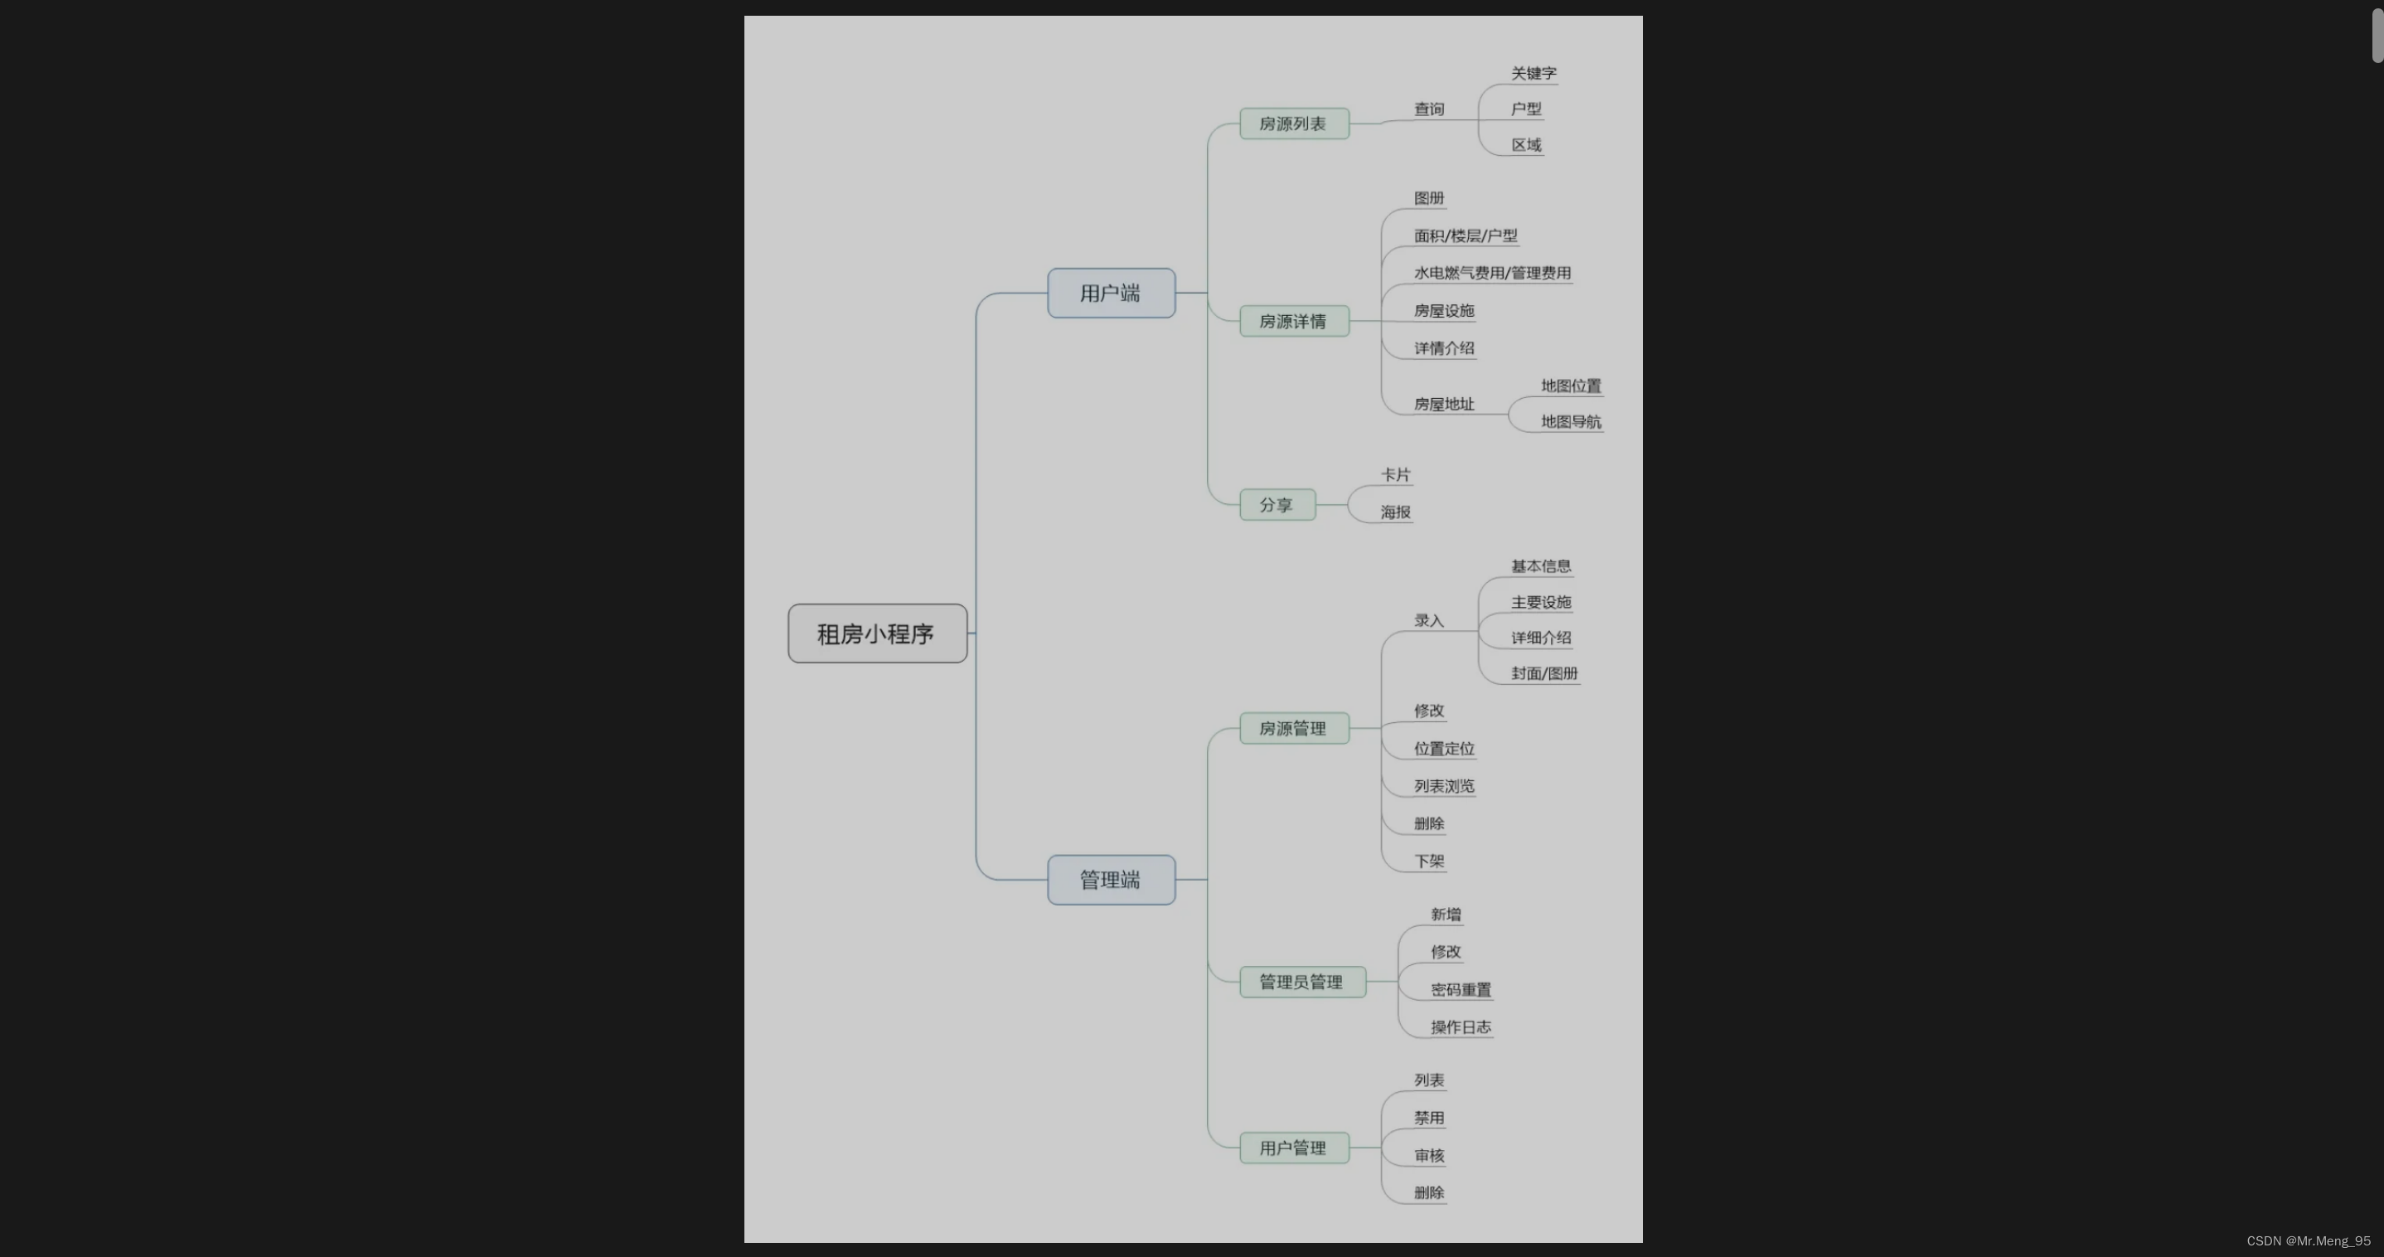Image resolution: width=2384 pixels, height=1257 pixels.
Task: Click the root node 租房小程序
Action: click(876, 634)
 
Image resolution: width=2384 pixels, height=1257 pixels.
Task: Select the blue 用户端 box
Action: click(1111, 294)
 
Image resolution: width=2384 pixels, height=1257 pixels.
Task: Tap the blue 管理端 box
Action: click(1111, 880)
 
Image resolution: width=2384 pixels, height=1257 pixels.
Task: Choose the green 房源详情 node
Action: click(1293, 321)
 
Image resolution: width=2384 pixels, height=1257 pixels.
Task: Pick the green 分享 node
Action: click(1277, 504)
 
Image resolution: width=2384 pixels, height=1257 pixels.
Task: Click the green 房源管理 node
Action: click(1293, 729)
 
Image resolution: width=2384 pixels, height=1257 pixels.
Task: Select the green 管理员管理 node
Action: click(1301, 982)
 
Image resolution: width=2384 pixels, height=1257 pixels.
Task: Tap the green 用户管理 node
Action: click(1293, 1148)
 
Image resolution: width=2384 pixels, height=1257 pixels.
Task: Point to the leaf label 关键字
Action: click(1534, 73)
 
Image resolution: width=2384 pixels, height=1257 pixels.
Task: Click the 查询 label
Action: click(1429, 109)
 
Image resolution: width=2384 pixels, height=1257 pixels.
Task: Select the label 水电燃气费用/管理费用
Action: click(1492, 273)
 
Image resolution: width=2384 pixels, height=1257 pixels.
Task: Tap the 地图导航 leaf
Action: click(1571, 422)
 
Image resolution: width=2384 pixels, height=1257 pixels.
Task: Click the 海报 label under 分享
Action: click(1396, 512)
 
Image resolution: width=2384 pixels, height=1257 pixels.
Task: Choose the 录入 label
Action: click(1429, 620)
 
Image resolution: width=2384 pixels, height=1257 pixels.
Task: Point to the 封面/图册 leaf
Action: click(1543, 673)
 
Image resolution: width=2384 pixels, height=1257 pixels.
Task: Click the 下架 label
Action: click(1429, 861)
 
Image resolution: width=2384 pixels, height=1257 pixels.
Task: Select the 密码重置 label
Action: click(1461, 989)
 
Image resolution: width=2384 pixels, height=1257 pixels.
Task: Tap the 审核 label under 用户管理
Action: click(1429, 1155)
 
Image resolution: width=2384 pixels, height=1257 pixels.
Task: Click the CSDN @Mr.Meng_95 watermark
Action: click(2308, 1241)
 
